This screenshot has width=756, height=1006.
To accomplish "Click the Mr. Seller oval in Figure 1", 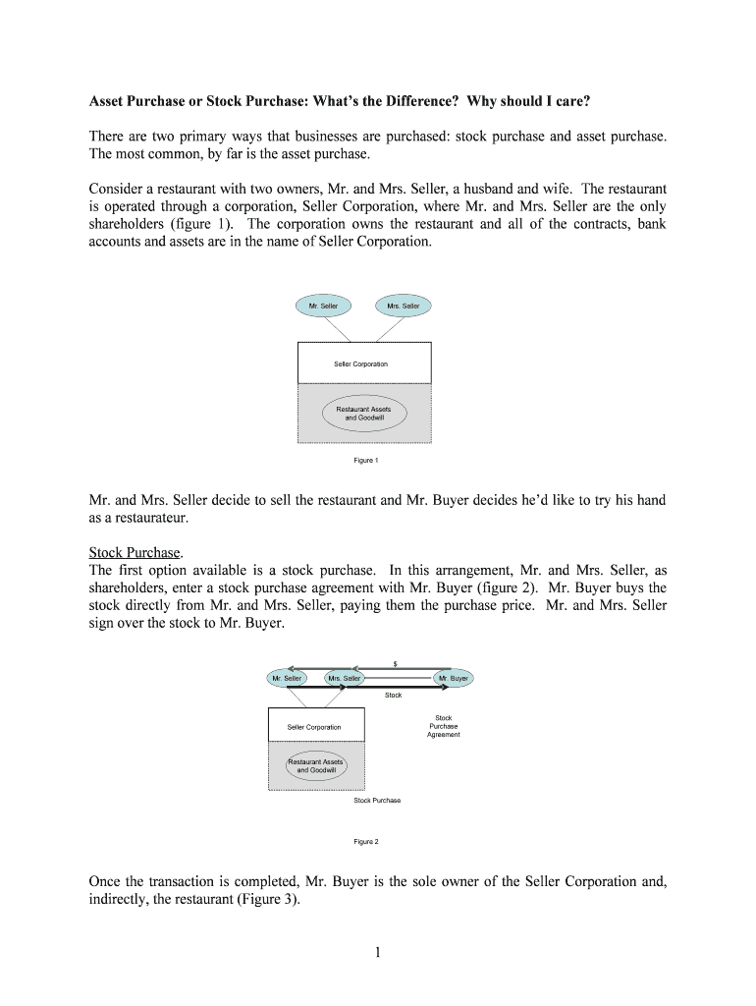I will tap(323, 306).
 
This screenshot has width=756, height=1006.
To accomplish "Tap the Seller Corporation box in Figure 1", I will tap(363, 363).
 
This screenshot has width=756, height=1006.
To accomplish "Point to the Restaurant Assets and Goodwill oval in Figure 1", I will tap(363, 413).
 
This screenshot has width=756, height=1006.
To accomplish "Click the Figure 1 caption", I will tap(365, 460).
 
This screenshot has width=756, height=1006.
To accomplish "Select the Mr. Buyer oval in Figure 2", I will tap(454, 678).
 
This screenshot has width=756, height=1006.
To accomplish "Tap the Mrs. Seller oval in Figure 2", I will tap(346, 678).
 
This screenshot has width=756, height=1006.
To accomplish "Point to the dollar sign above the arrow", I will tap(395, 664).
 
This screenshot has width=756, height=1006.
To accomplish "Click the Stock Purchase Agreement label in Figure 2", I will tap(444, 726).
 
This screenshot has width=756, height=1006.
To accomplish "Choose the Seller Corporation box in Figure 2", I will tap(314, 727).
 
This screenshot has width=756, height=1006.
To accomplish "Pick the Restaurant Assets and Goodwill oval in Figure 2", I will tap(316, 765).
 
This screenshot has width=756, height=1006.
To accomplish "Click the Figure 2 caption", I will tap(365, 841).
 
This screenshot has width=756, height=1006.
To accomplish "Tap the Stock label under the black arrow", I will tap(393, 695).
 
